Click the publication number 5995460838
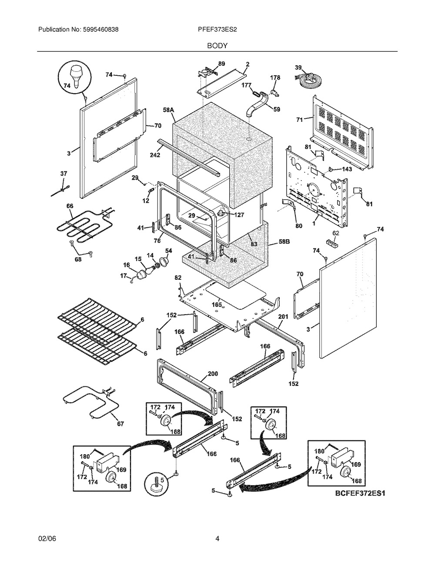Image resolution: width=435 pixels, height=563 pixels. pos(101,30)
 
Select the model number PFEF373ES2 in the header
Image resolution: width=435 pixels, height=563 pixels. pos(217,30)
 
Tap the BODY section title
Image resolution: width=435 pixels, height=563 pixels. pos(217,46)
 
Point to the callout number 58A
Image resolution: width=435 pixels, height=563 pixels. pos(168,110)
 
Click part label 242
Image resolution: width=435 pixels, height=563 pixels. pos(155,155)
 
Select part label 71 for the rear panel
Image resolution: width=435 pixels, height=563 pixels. pos(299,120)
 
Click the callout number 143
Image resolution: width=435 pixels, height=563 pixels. pos(347,169)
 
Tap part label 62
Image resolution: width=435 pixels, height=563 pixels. pos(335,233)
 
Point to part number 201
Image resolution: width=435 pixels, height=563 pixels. pos(284,317)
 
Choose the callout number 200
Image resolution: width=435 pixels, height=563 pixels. pos(213,374)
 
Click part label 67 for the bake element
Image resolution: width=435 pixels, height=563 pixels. pos(120,424)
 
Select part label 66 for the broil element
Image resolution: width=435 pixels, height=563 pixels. pos(70,206)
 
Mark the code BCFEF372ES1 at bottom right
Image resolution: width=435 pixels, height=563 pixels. pos(360,493)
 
